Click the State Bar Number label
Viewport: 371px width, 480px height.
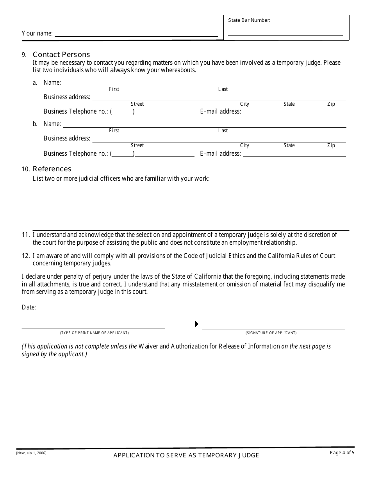249,20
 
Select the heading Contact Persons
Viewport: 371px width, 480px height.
61,55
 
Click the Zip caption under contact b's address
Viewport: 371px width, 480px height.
331,146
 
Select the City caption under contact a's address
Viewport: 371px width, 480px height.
244,104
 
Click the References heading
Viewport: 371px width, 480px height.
52,169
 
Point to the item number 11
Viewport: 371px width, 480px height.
25,235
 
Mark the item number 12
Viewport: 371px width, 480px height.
25,256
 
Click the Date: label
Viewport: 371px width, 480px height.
29,308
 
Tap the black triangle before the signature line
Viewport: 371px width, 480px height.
197,324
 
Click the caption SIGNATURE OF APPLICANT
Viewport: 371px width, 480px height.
271,333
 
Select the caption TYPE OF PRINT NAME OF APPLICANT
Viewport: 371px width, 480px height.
94,333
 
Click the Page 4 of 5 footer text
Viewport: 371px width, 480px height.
342,453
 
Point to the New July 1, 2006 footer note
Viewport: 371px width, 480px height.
31,453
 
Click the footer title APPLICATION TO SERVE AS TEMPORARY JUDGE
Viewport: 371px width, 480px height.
186,455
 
